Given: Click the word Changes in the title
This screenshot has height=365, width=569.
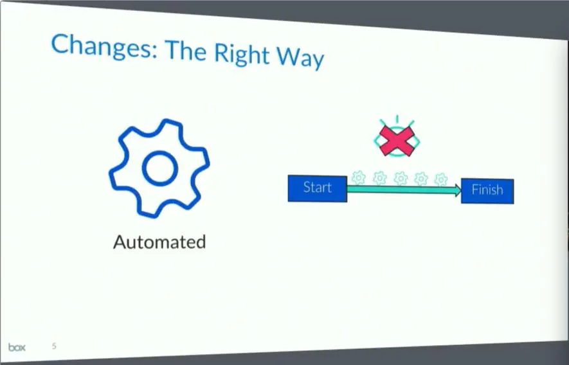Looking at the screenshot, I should click(100, 48).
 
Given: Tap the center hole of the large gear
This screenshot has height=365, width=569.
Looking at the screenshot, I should click(159, 169).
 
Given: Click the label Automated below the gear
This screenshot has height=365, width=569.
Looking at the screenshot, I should click(159, 242).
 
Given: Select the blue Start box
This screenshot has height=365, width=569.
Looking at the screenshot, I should click(318, 188).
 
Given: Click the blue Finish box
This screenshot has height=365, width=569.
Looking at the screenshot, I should click(487, 191).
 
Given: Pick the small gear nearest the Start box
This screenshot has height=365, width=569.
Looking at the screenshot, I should click(359, 177).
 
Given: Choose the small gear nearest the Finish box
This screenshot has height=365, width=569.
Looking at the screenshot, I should click(441, 179).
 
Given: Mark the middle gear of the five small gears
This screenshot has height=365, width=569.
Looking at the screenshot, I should click(401, 178).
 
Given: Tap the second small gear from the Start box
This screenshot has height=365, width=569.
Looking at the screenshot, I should click(380, 177).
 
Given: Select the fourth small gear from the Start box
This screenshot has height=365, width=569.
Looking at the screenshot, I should click(421, 179).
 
